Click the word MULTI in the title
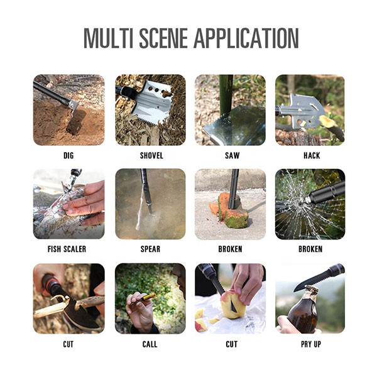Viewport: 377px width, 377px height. point(109,38)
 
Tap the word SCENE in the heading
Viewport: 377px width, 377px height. point(163,38)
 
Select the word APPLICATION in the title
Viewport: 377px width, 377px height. point(246,38)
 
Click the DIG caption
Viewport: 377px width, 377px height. point(68,156)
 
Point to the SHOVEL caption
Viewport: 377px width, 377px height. point(151,156)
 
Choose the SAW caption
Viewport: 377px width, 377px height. point(232,156)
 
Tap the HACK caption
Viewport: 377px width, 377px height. point(312,156)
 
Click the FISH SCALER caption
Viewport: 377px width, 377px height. point(67,249)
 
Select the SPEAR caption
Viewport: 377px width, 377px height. point(150,249)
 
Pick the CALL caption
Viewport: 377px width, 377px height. point(150,344)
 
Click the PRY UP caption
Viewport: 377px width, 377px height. point(311,344)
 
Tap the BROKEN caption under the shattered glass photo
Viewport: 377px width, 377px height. point(310,249)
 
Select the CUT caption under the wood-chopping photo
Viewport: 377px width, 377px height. point(68,344)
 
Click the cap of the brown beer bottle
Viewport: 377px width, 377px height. point(312,288)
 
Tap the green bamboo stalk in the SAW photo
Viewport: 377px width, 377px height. point(226,94)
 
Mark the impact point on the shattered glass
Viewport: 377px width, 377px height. point(303,202)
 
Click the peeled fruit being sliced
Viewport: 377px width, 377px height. point(231,305)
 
